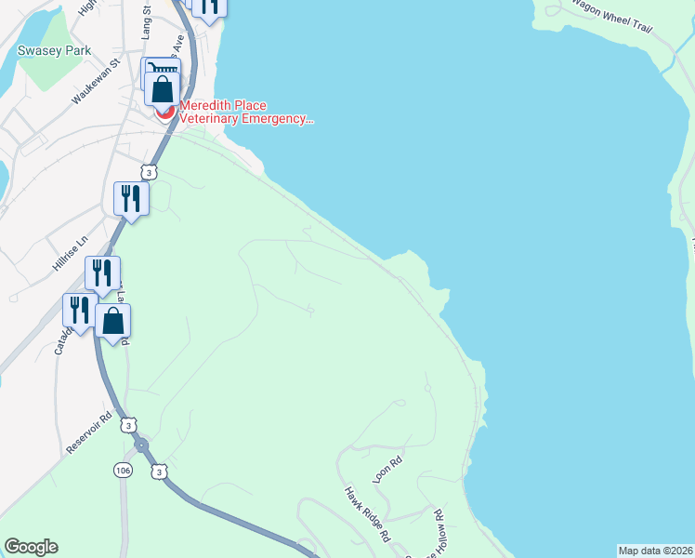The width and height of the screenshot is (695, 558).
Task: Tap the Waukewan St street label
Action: click(98, 81)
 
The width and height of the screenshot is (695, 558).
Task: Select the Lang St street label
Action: click(146, 20)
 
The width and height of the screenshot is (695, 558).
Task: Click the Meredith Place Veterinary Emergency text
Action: click(243, 112)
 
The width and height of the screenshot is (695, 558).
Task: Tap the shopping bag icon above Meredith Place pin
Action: click(163, 90)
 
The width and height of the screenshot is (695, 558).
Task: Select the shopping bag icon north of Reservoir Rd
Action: click(112, 321)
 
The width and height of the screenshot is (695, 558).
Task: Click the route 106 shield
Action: click(125, 472)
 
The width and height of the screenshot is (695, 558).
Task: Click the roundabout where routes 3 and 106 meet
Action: click(141, 445)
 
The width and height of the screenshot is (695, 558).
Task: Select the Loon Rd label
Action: click(387, 468)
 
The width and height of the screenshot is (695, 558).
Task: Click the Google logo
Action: click(31, 547)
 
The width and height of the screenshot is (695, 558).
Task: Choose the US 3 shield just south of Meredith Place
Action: click(149, 172)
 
